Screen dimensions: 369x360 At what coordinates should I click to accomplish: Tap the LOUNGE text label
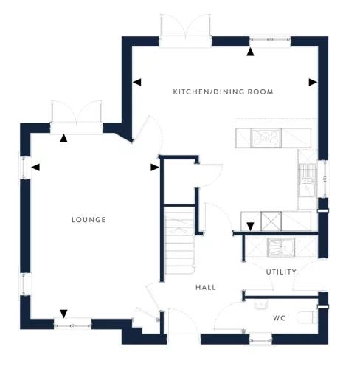tap(89, 220)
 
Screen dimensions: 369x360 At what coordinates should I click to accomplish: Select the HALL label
tap(205, 287)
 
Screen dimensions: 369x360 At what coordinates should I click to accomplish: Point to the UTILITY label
tap(281, 272)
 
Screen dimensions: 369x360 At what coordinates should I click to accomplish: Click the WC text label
tap(280, 319)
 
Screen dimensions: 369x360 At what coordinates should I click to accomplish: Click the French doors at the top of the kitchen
tap(185, 34)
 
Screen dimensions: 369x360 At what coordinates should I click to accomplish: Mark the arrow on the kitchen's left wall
tap(136, 82)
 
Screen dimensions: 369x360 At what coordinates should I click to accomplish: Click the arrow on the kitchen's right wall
tap(313, 82)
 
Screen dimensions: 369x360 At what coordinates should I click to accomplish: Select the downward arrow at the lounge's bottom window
tap(63, 313)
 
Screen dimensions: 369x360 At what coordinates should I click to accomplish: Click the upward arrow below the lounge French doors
tap(63, 137)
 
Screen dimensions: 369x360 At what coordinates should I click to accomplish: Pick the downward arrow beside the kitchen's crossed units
tap(250, 226)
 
